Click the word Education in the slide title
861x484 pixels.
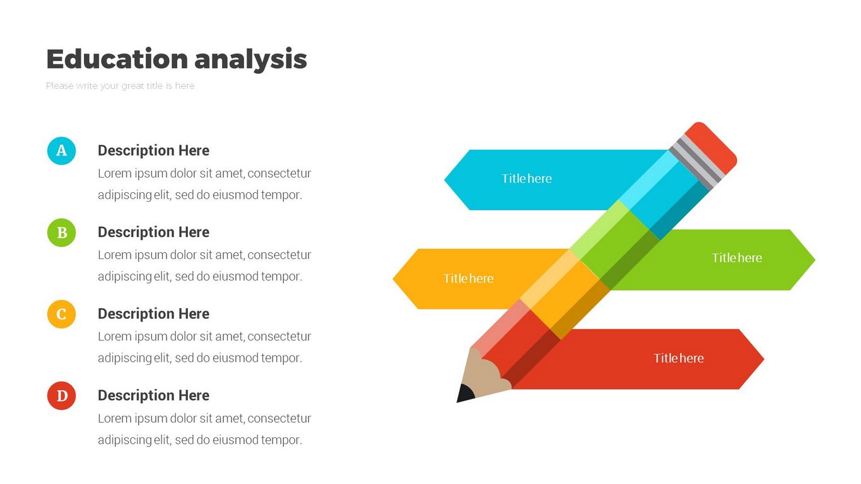(x=117, y=59)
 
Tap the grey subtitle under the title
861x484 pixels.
(x=120, y=86)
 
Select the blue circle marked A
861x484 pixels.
(x=62, y=151)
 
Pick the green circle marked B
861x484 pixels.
(x=62, y=233)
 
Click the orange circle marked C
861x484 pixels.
(x=62, y=314)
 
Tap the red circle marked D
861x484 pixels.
(x=62, y=396)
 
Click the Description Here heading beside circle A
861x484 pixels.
(x=154, y=151)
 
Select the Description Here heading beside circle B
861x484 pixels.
(x=154, y=232)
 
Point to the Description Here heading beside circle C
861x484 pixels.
(x=154, y=314)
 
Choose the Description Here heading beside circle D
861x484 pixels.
(x=154, y=395)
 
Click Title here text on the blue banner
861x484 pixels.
(x=527, y=178)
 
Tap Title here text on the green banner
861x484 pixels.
(x=737, y=258)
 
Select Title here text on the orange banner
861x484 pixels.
(x=468, y=279)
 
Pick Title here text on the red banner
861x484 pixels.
(x=679, y=359)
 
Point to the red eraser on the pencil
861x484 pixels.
(x=711, y=148)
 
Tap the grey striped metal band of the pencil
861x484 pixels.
(x=696, y=162)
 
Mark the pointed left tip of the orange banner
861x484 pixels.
(x=393, y=279)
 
